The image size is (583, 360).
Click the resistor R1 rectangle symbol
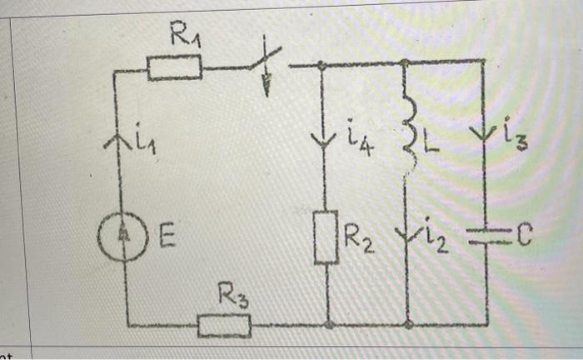175,67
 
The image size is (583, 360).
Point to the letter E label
167,240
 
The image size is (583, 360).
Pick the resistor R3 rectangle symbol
224,324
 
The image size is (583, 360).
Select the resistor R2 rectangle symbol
326,237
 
